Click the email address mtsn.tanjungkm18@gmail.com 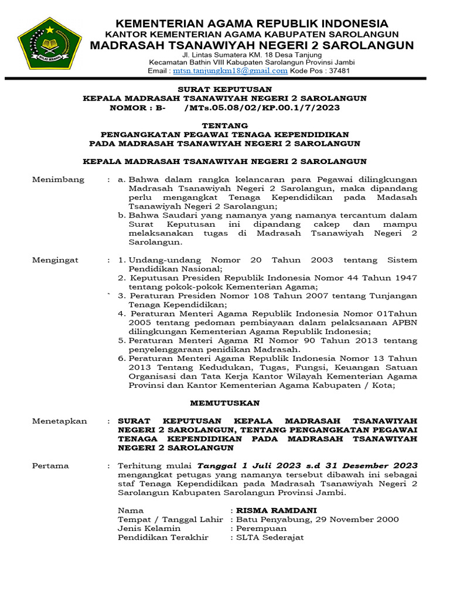[230, 71]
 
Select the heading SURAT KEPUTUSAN [224, 89]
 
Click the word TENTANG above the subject [224, 125]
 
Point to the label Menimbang [58, 180]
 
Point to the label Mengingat [55, 260]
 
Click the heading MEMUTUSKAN [224, 404]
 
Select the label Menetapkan [59, 421]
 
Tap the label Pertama [50, 466]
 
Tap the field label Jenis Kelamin [149, 528]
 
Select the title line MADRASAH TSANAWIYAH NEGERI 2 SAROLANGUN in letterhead [251, 46]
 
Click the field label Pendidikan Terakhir [163, 537]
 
